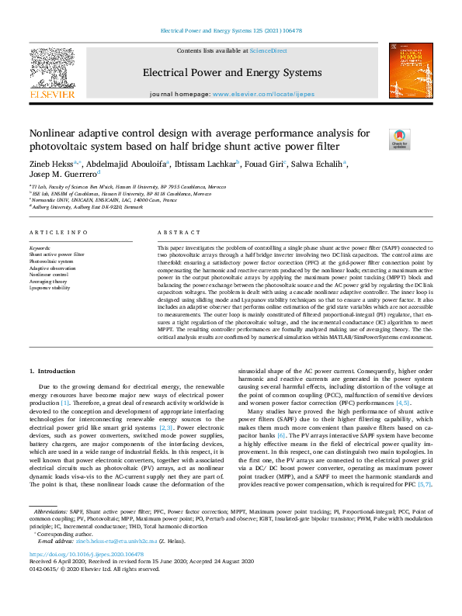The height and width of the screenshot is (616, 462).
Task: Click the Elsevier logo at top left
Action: pyautogui.click(x=52, y=72)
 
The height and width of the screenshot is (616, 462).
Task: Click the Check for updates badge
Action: pyautogui.click(x=399, y=139)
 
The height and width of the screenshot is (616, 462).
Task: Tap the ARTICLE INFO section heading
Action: pyautogui.click(x=53, y=233)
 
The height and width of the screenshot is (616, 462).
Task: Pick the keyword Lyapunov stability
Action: pyautogui.click(x=50, y=288)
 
